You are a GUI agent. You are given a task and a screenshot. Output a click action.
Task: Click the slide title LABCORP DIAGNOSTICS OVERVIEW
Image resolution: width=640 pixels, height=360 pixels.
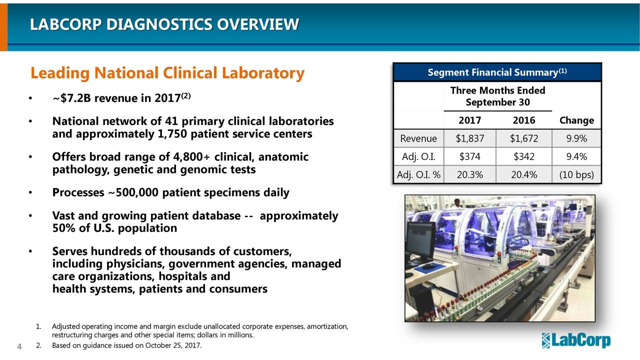(164, 24)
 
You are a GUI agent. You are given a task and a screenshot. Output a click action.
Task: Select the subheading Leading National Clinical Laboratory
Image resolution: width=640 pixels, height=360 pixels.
(167, 73)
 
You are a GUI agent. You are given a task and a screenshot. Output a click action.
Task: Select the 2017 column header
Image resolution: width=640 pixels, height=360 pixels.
(469, 120)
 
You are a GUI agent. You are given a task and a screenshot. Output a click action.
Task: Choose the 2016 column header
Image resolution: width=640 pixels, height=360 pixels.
(523, 120)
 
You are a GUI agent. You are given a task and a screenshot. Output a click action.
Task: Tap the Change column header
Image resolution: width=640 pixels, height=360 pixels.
(576, 120)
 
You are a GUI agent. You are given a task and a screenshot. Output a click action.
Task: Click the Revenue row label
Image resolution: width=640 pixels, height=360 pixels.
(418, 138)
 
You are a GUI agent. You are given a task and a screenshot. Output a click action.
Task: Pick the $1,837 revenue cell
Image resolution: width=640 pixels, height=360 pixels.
(469, 138)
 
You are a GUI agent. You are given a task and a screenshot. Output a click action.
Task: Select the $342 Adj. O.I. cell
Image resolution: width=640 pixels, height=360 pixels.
(523, 157)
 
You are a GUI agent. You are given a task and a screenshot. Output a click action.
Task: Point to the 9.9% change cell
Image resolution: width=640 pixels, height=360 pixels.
(576, 138)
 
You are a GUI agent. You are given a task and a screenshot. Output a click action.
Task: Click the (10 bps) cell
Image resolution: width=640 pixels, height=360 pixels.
(576, 175)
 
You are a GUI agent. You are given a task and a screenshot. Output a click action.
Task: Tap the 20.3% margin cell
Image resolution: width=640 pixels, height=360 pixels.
(469, 175)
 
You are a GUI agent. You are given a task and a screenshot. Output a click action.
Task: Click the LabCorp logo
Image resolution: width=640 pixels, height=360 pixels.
(576, 340)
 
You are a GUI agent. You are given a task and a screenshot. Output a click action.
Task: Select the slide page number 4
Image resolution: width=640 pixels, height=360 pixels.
(19, 346)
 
